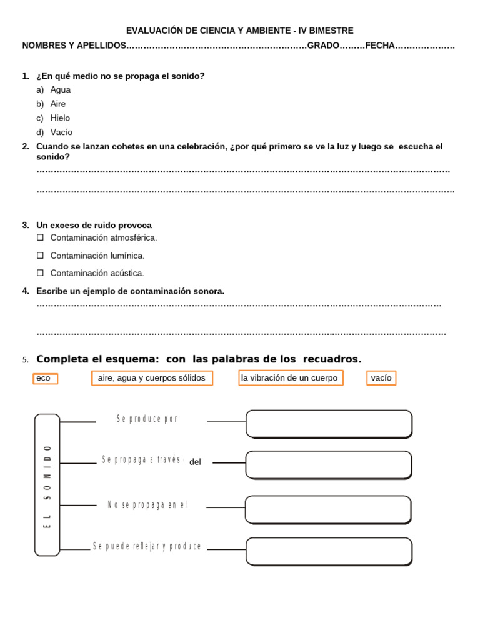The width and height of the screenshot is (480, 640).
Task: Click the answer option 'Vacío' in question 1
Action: (x=61, y=132)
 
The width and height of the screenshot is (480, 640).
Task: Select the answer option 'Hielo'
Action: (x=60, y=117)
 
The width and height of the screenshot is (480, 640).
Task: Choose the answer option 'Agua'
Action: (x=60, y=89)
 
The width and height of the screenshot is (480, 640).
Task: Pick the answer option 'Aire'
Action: (x=57, y=104)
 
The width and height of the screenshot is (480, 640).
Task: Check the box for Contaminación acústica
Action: (x=40, y=272)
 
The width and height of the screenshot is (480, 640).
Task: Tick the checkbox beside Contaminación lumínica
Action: (x=40, y=255)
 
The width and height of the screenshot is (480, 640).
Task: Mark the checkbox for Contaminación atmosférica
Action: (x=40, y=237)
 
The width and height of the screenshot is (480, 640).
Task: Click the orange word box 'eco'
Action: (x=46, y=378)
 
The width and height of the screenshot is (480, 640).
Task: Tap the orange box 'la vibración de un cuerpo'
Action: (x=291, y=378)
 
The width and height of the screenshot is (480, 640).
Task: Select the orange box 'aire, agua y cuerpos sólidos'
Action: (x=152, y=378)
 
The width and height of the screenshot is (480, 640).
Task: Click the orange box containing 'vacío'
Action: (x=381, y=378)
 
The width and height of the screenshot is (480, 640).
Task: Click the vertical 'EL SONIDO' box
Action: (x=47, y=485)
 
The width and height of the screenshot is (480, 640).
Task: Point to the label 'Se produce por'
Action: (x=147, y=419)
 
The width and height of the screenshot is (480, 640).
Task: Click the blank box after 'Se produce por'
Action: (x=329, y=424)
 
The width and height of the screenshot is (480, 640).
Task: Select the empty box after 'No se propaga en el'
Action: (x=328, y=509)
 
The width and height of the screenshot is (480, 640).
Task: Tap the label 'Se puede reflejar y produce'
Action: (x=147, y=546)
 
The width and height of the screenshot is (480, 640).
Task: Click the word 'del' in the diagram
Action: (x=195, y=462)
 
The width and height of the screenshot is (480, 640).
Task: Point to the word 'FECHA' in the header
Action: (x=380, y=46)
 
